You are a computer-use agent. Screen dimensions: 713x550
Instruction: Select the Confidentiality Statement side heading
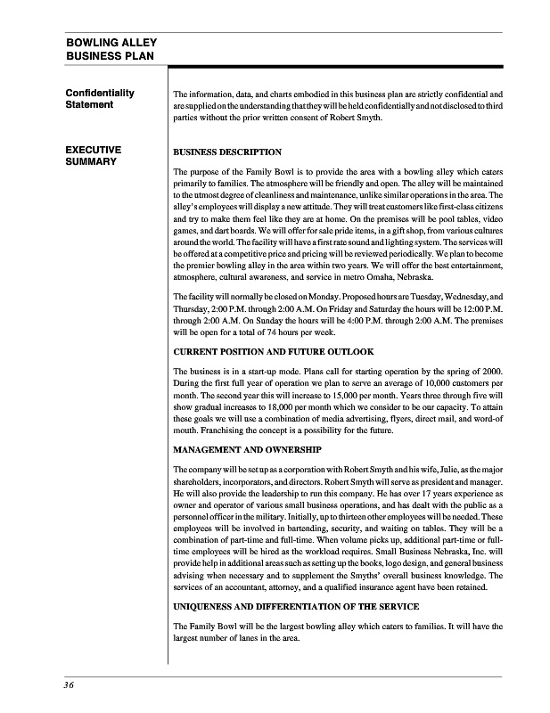click(x=100, y=99)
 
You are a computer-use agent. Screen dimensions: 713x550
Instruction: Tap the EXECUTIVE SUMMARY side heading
click(x=94, y=157)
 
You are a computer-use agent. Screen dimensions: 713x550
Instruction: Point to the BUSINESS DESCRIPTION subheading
click(x=227, y=152)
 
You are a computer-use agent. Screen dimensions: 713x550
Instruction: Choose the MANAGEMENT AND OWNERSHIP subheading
click(x=248, y=450)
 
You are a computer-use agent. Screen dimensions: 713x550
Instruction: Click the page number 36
click(x=69, y=684)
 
